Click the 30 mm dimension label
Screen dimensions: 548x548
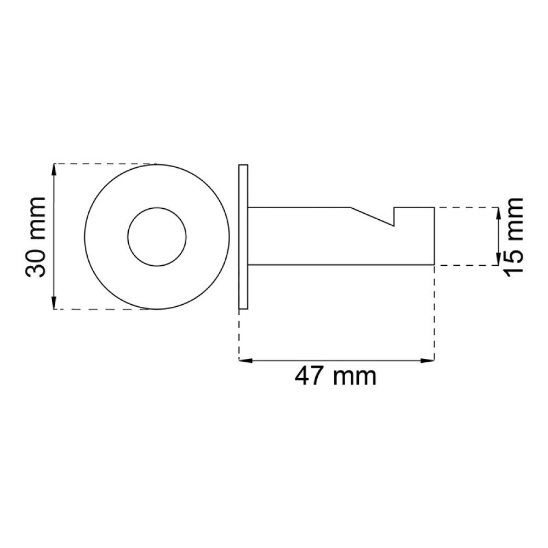tap(36, 237)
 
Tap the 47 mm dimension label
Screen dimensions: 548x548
tap(335, 376)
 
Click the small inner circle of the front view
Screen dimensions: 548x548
tap(157, 237)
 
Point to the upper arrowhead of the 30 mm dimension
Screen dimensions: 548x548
tap(54, 170)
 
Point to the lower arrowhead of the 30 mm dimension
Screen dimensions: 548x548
tap(54, 303)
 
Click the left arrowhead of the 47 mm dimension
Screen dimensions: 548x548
tap(246, 361)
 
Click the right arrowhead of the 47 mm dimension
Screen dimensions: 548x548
tap(428, 361)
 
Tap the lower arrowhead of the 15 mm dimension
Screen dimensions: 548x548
tap(498, 259)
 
